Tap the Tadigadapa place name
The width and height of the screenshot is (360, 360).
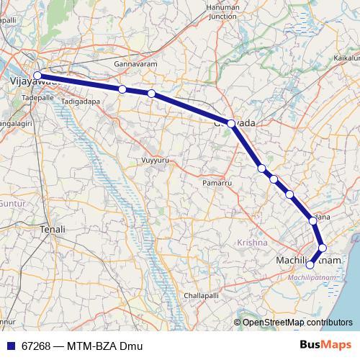tap(81, 102)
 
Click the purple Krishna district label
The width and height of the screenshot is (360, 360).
tap(251, 243)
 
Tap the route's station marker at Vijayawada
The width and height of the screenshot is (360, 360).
tap(37, 75)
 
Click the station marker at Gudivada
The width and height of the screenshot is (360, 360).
tap(231, 123)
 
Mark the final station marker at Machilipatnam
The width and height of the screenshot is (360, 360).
tap(310, 265)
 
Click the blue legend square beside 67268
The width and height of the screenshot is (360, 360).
tap(9, 346)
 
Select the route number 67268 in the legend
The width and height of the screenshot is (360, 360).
tap(35, 346)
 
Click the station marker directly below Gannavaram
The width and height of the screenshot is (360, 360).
tap(123, 89)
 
